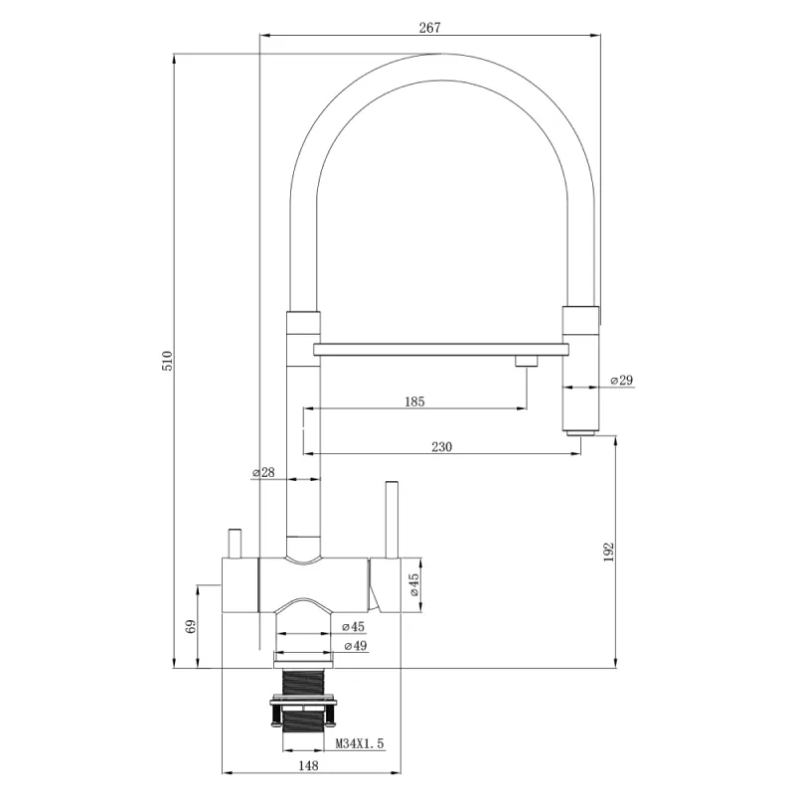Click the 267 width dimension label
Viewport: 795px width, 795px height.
pyautogui.click(x=429, y=28)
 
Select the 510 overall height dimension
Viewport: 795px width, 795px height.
pyautogui.click(x=168, y=361)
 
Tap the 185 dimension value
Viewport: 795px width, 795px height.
pyautogui.click(x=414, y=401)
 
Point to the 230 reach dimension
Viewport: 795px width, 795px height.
pyautogui.click(x=442, y=447)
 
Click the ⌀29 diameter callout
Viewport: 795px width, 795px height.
pyautogui.click(x=620, y=380)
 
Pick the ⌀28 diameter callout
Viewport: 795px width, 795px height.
pyautogui.click(x=263, y=472)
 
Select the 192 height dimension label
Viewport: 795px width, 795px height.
pyautogui.click(x=610, y=553)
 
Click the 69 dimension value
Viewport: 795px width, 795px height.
pyautogui.click(x=191, y=626)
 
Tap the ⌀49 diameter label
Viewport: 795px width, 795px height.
pyautogui.click(x=355, y=646)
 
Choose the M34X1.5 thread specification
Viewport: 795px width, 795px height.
pyautogui.click(x=359, y=742)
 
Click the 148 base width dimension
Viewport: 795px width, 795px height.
pyautogui.click(x=308, y=765)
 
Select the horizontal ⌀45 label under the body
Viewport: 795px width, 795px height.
pyautogui.click(x=355, y=627)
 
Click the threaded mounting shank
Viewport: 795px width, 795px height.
pyautogui.click(x=304, y=685)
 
